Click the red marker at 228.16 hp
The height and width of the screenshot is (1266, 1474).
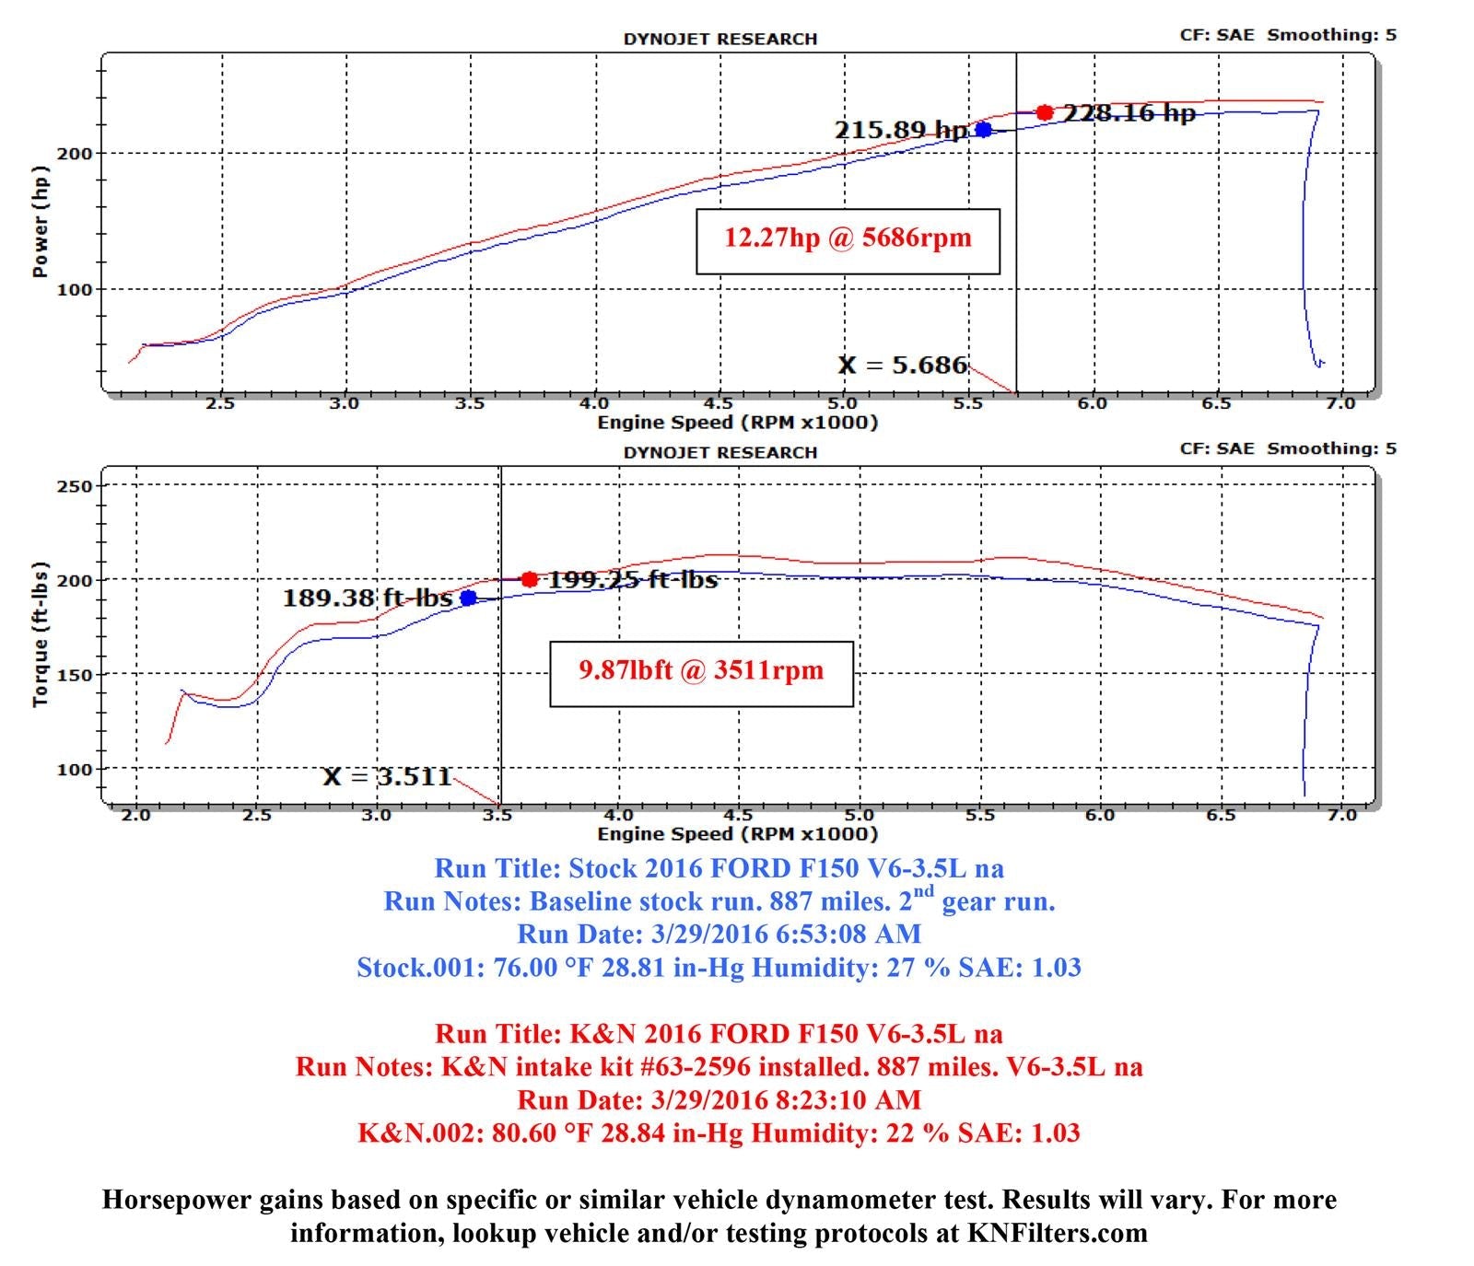pos(1044,112)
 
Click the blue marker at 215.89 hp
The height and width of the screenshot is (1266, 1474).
pos(984,130)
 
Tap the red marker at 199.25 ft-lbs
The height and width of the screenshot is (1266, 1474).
pos(529,579)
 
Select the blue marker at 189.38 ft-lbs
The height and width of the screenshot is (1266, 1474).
pos(468,598)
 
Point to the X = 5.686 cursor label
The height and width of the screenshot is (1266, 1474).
pos(903,366)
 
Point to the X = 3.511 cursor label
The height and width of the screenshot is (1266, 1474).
pos(387,777)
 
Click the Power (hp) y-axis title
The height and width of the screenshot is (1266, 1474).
pos(40,222)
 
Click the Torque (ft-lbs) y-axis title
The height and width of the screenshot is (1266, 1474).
pos(40,635)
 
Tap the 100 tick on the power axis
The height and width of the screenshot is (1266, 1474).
pos(76,290)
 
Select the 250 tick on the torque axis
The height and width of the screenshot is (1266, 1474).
pos(76,486)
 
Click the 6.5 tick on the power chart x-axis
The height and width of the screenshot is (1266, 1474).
pos(1216,403)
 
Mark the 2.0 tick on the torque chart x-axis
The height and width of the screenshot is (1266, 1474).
pos(136,815)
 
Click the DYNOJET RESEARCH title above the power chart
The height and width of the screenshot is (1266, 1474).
pos(720,39)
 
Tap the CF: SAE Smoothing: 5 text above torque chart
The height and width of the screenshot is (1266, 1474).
pos(1288,448)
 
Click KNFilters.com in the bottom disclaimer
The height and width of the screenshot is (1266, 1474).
pos(1058,1233)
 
